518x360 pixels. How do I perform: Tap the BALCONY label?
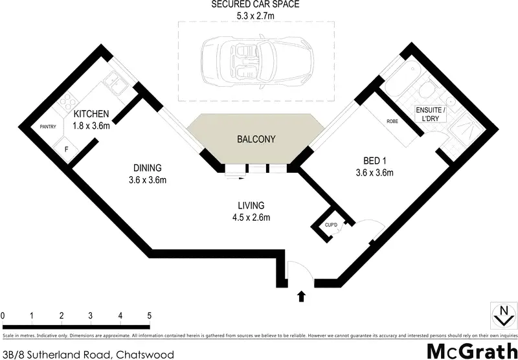tap(256, 139)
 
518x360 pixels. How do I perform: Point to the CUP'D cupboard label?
tap(332, 225)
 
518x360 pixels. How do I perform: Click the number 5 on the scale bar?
tap(150, 315)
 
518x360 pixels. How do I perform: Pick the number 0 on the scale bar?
tap(3, 315)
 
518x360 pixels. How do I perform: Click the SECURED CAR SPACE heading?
tap(256, 4)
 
